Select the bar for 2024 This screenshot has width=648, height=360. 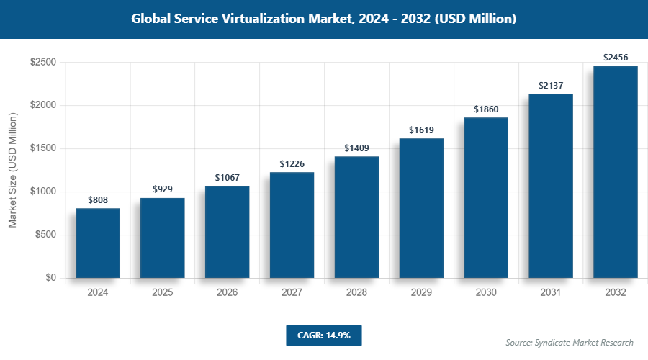tap(98, 243)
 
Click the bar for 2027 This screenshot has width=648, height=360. tap(292, 225)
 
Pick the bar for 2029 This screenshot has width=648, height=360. tap(421, 208)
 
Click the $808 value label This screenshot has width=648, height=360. tap(98, 199)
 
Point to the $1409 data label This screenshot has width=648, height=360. tap(356, 148)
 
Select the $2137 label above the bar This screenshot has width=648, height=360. tap(551, 86)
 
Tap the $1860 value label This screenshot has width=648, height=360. tap(486, 109)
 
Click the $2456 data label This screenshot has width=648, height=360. tap(616, 58)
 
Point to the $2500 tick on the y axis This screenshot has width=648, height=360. tap(42, 63)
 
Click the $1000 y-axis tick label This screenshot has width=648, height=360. tap(42, 192)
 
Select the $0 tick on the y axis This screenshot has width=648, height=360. tap(50, 278)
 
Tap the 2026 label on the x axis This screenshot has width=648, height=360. tap(227, 293)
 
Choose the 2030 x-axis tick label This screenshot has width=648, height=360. tap(486, 293)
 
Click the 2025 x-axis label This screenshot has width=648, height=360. tap(163, 293)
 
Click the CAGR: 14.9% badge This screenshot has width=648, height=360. tap(323, 335)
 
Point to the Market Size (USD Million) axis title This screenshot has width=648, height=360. tap(12, 170)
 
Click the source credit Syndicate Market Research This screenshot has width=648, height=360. tap(570, 342)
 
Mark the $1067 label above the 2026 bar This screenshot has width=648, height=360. tap(227, 177)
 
